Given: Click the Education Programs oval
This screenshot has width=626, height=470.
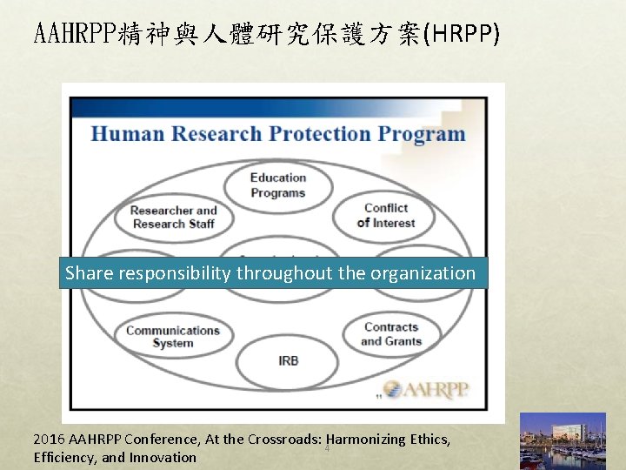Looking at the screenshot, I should point(278,185).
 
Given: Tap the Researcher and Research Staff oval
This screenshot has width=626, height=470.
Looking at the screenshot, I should point(173,217).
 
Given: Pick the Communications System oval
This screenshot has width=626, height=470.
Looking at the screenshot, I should point(173,336).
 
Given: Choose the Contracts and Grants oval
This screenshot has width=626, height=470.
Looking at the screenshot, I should point(390,333).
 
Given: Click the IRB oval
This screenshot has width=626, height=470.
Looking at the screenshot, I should point(288,360).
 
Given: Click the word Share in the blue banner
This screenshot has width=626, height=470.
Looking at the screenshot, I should point(89,273).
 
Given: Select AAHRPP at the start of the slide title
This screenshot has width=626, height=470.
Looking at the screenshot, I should point(64,34).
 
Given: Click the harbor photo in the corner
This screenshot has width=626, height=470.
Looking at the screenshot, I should point(561,441).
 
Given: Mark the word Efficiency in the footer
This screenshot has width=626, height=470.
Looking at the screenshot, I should point(65,458).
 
